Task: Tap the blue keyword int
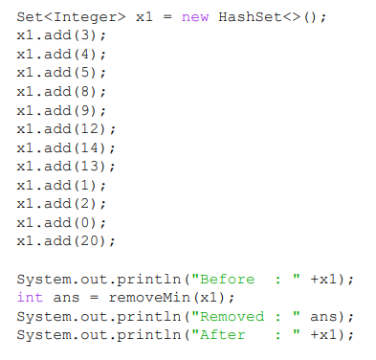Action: (x=30, y=297)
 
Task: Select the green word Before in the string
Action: (x=226, y=279)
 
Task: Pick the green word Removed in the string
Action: (x=231, y=316)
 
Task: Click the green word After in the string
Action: (x=221, y=334)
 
